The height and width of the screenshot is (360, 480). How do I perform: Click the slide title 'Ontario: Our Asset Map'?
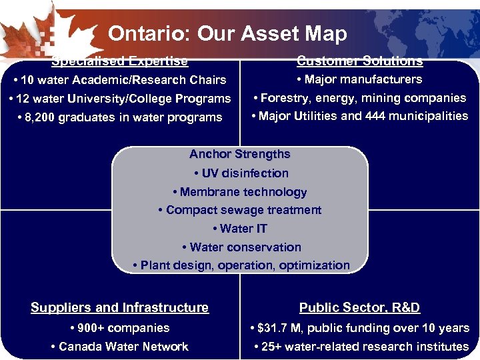click(x=227, y=33)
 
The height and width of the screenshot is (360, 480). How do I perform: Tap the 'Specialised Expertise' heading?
click(x=120, y=61)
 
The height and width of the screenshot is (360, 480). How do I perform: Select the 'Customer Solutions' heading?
click(x=360, y=61)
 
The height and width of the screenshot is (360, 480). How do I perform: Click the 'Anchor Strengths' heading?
click(x=240, y=154)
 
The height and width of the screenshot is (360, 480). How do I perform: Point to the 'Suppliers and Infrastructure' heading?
click(x=120, y=307)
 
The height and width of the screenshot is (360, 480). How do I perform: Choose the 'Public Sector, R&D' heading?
click(x=360, y=307)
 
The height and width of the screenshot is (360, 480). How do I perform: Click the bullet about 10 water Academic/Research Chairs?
click(x=120, y=80)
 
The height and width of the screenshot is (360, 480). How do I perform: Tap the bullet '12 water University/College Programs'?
click(x=120, y=99)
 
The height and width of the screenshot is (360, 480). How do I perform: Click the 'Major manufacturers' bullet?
click(x=360, y=79)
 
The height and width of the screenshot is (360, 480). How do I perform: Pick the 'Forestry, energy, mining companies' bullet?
click(x=360, y=98)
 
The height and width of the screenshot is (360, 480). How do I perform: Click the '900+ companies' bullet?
click(x=120, y=328)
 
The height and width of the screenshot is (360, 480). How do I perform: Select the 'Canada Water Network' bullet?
click(x=120, y=347)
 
